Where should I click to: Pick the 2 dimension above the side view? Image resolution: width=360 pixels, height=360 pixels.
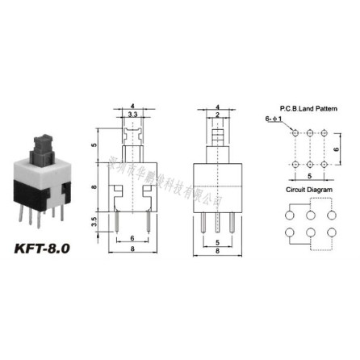[x=218, y=116]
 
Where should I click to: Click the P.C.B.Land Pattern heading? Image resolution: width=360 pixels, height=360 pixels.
[x=308, y=107]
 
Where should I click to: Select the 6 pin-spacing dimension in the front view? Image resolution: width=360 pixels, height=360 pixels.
[x=132, y=239]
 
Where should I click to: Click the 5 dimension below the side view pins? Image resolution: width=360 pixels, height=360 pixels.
[x=218, y=241]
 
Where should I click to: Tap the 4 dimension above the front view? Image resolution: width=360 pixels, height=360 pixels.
[x=132, y=107]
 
